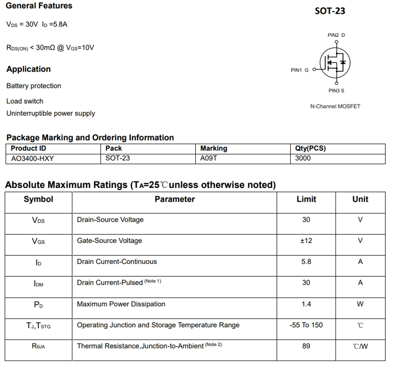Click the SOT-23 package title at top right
pos(330,11)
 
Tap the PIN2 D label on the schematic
pos(336,35)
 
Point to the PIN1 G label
pos(300,70)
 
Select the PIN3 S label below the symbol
pos(336,90)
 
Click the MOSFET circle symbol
pos(335,63)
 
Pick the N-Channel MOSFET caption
pos(335,106)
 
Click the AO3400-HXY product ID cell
pos(32,158)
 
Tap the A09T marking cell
pos(209,158)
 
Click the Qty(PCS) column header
pos(310,148)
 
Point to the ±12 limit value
pos(306,241)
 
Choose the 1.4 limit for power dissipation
pos(306,304)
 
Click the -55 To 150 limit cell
pos(306,325)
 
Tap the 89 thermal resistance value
pos(306,346)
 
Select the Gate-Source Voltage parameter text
pos(109,241)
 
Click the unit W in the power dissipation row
pos(360,304)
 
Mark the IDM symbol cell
pos(39,283)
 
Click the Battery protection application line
pos(34,86)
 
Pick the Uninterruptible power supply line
pos(51,113)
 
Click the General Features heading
pos(39,6)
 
